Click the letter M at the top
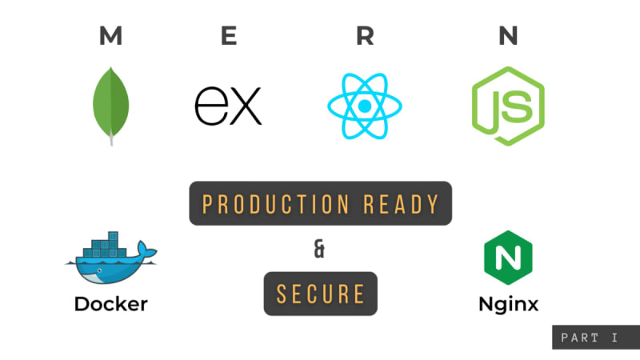point(111,36)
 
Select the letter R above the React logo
point(365,36)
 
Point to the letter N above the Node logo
point(507,36)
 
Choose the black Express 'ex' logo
point(228,106)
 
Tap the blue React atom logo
point(365,106)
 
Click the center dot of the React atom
point(365,106)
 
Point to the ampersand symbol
point(320,250)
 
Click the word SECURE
point(320,294)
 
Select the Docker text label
point(110,305)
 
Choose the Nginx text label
point(508,305)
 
